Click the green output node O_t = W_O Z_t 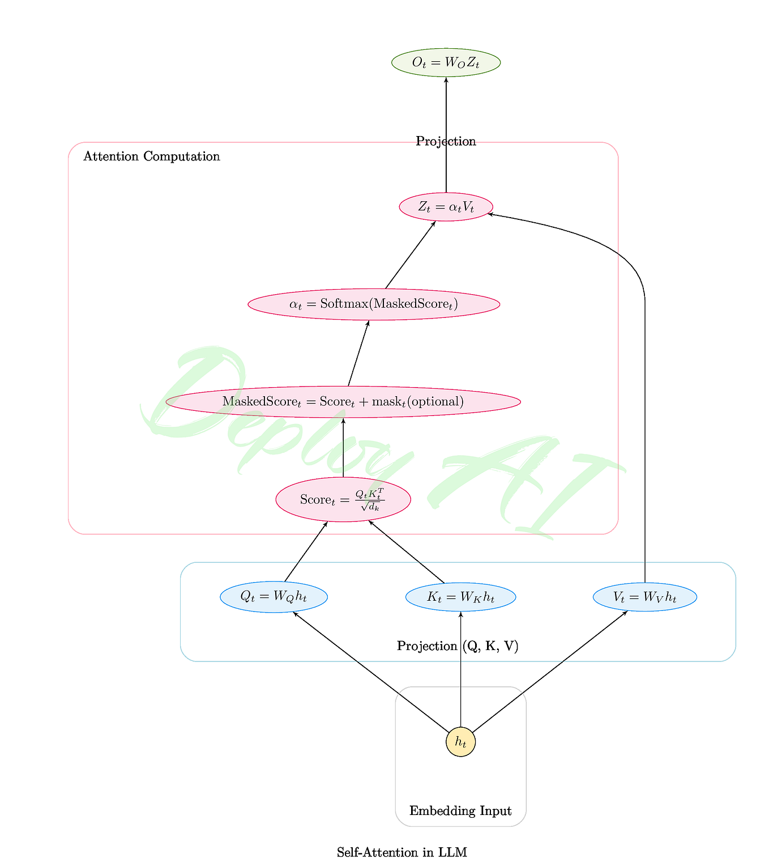click(x=446, y=62)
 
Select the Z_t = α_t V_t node click(x=446, y=207)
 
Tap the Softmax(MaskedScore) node click(x=374, y=304)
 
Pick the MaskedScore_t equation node click(x=343, y=401)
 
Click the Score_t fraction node click(x=343, y=499)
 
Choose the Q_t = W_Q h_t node click(x=274, y=597)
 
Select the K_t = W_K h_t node click(x=460, y=597)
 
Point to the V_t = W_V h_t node click(x=644, y=597)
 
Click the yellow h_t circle click(x=460, y=742)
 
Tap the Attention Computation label click(x=151, y=156)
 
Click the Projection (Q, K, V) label click(x=458, y=646)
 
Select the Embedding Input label click(x=460, y=811)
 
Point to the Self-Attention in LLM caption click(x=401, y=852)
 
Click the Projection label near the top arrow click(x=446, y=141)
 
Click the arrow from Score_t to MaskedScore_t click(x=343, y=448)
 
